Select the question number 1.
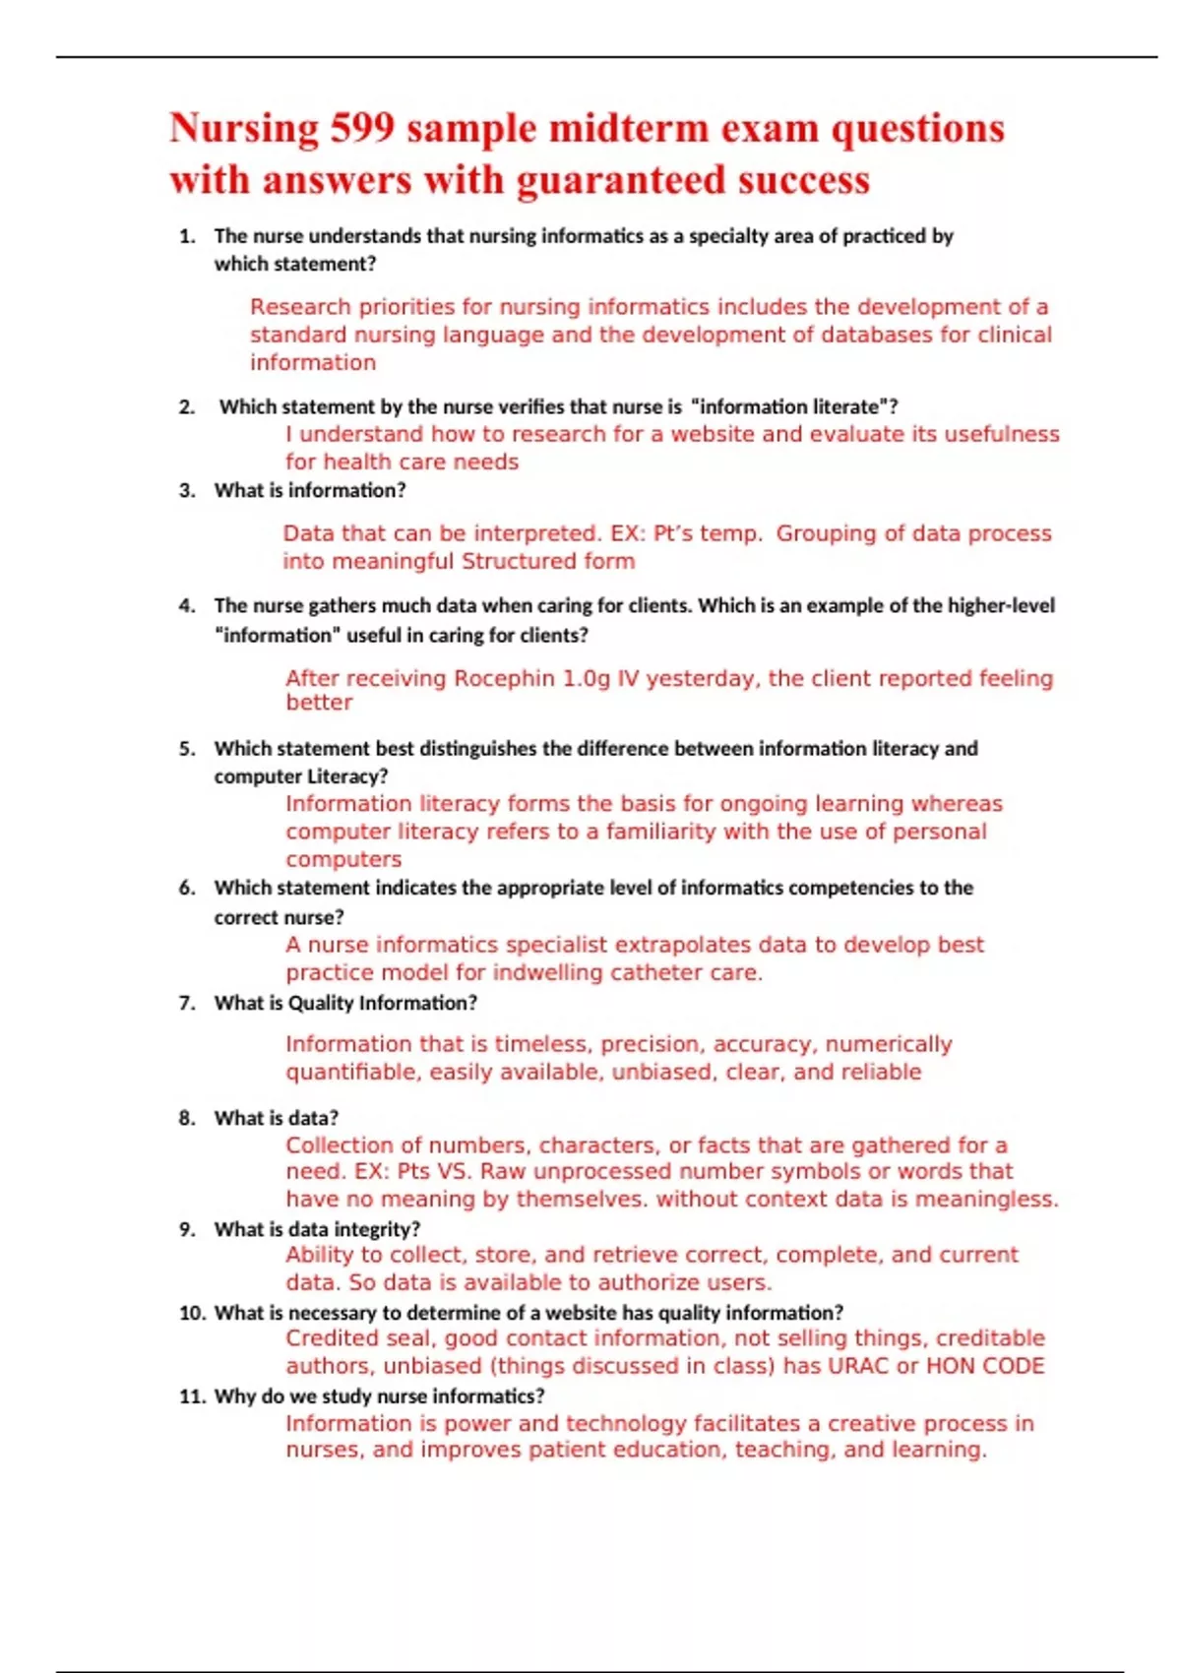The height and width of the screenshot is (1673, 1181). pos(187,236)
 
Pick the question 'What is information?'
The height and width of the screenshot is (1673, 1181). pos(310,490)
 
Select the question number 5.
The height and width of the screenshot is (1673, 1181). pos(187,749)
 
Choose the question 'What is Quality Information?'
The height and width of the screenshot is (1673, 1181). pos(345,1003)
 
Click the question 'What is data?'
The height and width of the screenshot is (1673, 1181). pos(277,1118)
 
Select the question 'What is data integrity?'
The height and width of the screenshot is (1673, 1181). pos(317,1229)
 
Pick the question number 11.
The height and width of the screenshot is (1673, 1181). pos(192,1396)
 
